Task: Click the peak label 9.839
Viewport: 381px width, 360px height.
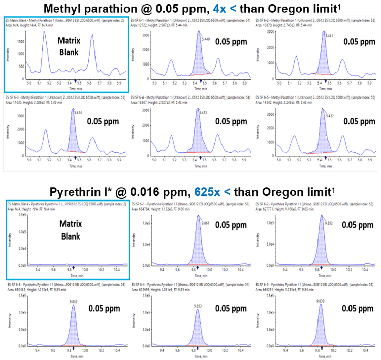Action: (x=321, y=286)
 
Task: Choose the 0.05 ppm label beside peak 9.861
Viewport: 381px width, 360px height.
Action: (x=232, y=225)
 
